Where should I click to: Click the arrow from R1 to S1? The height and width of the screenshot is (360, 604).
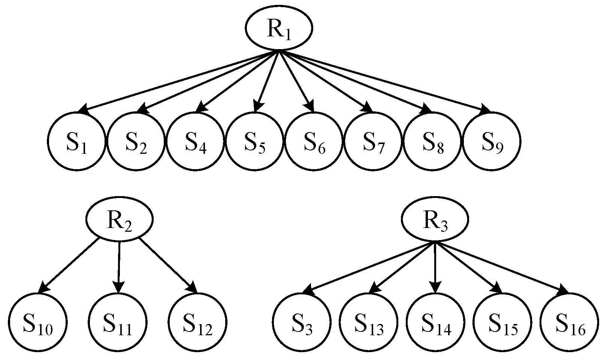tap(180, 81)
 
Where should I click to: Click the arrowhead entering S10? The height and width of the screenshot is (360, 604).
tap(43, 288)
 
